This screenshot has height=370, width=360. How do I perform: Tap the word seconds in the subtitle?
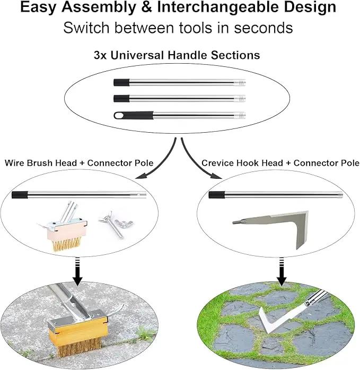pos(263,28)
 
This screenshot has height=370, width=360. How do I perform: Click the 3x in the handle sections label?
pos(101,55)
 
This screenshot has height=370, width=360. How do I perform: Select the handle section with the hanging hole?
pos(180,116)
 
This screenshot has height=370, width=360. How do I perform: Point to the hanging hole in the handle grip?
pos(120,116)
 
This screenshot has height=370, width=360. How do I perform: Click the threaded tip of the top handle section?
pos(240,83)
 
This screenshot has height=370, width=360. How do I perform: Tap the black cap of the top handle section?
pos(121,82)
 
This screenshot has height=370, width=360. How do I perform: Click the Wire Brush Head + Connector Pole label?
pos(79,163)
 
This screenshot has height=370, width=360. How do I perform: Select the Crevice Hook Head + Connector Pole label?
pos(280,163)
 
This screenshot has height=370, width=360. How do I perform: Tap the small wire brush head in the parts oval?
pos(64,227)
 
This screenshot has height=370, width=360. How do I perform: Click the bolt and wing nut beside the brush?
pos(116,224)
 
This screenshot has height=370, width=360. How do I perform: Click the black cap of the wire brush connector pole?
pos(20,195)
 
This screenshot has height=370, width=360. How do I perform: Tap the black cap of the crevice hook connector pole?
pos(216,195)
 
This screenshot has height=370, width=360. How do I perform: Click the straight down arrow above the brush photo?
pos(77,271)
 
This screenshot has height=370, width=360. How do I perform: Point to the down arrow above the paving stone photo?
pos(282,271)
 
